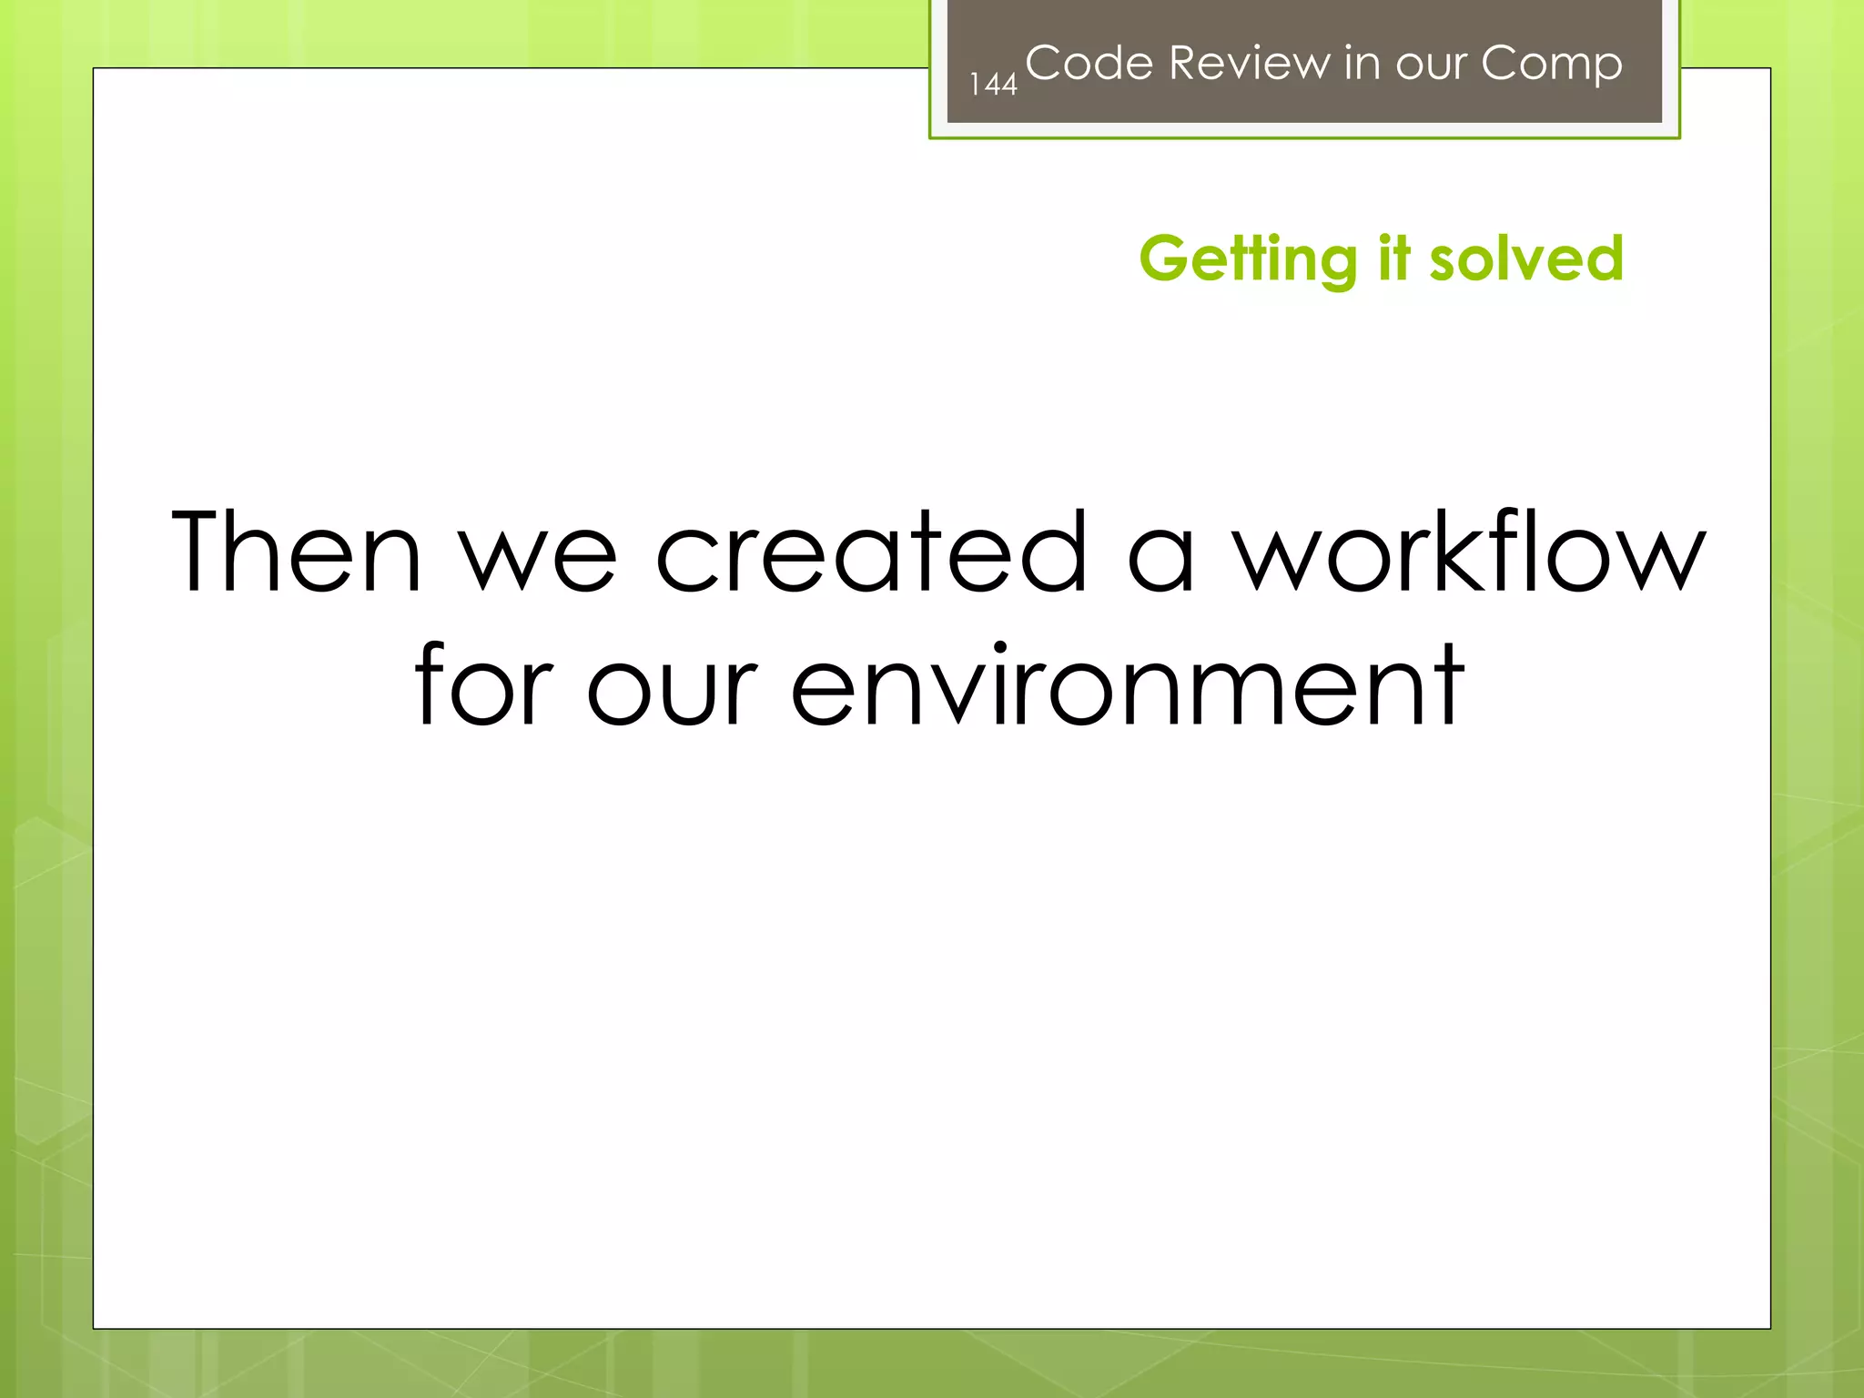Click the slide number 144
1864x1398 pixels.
pyautogui.click(x=993, y=85)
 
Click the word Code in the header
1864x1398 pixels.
pyautogui.click(x=1089, y=64)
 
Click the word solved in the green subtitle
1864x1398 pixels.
pyautogui.click(x=1526, y=258)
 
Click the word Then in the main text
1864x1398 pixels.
pyautogui.click(x=297, y=552)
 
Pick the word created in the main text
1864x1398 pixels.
pyautogui.click(x=871, y=552)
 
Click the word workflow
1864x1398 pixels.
pyautogui.click(x=1468, y=552)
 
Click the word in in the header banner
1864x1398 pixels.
pyautogui.click(x=1362, y=64)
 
